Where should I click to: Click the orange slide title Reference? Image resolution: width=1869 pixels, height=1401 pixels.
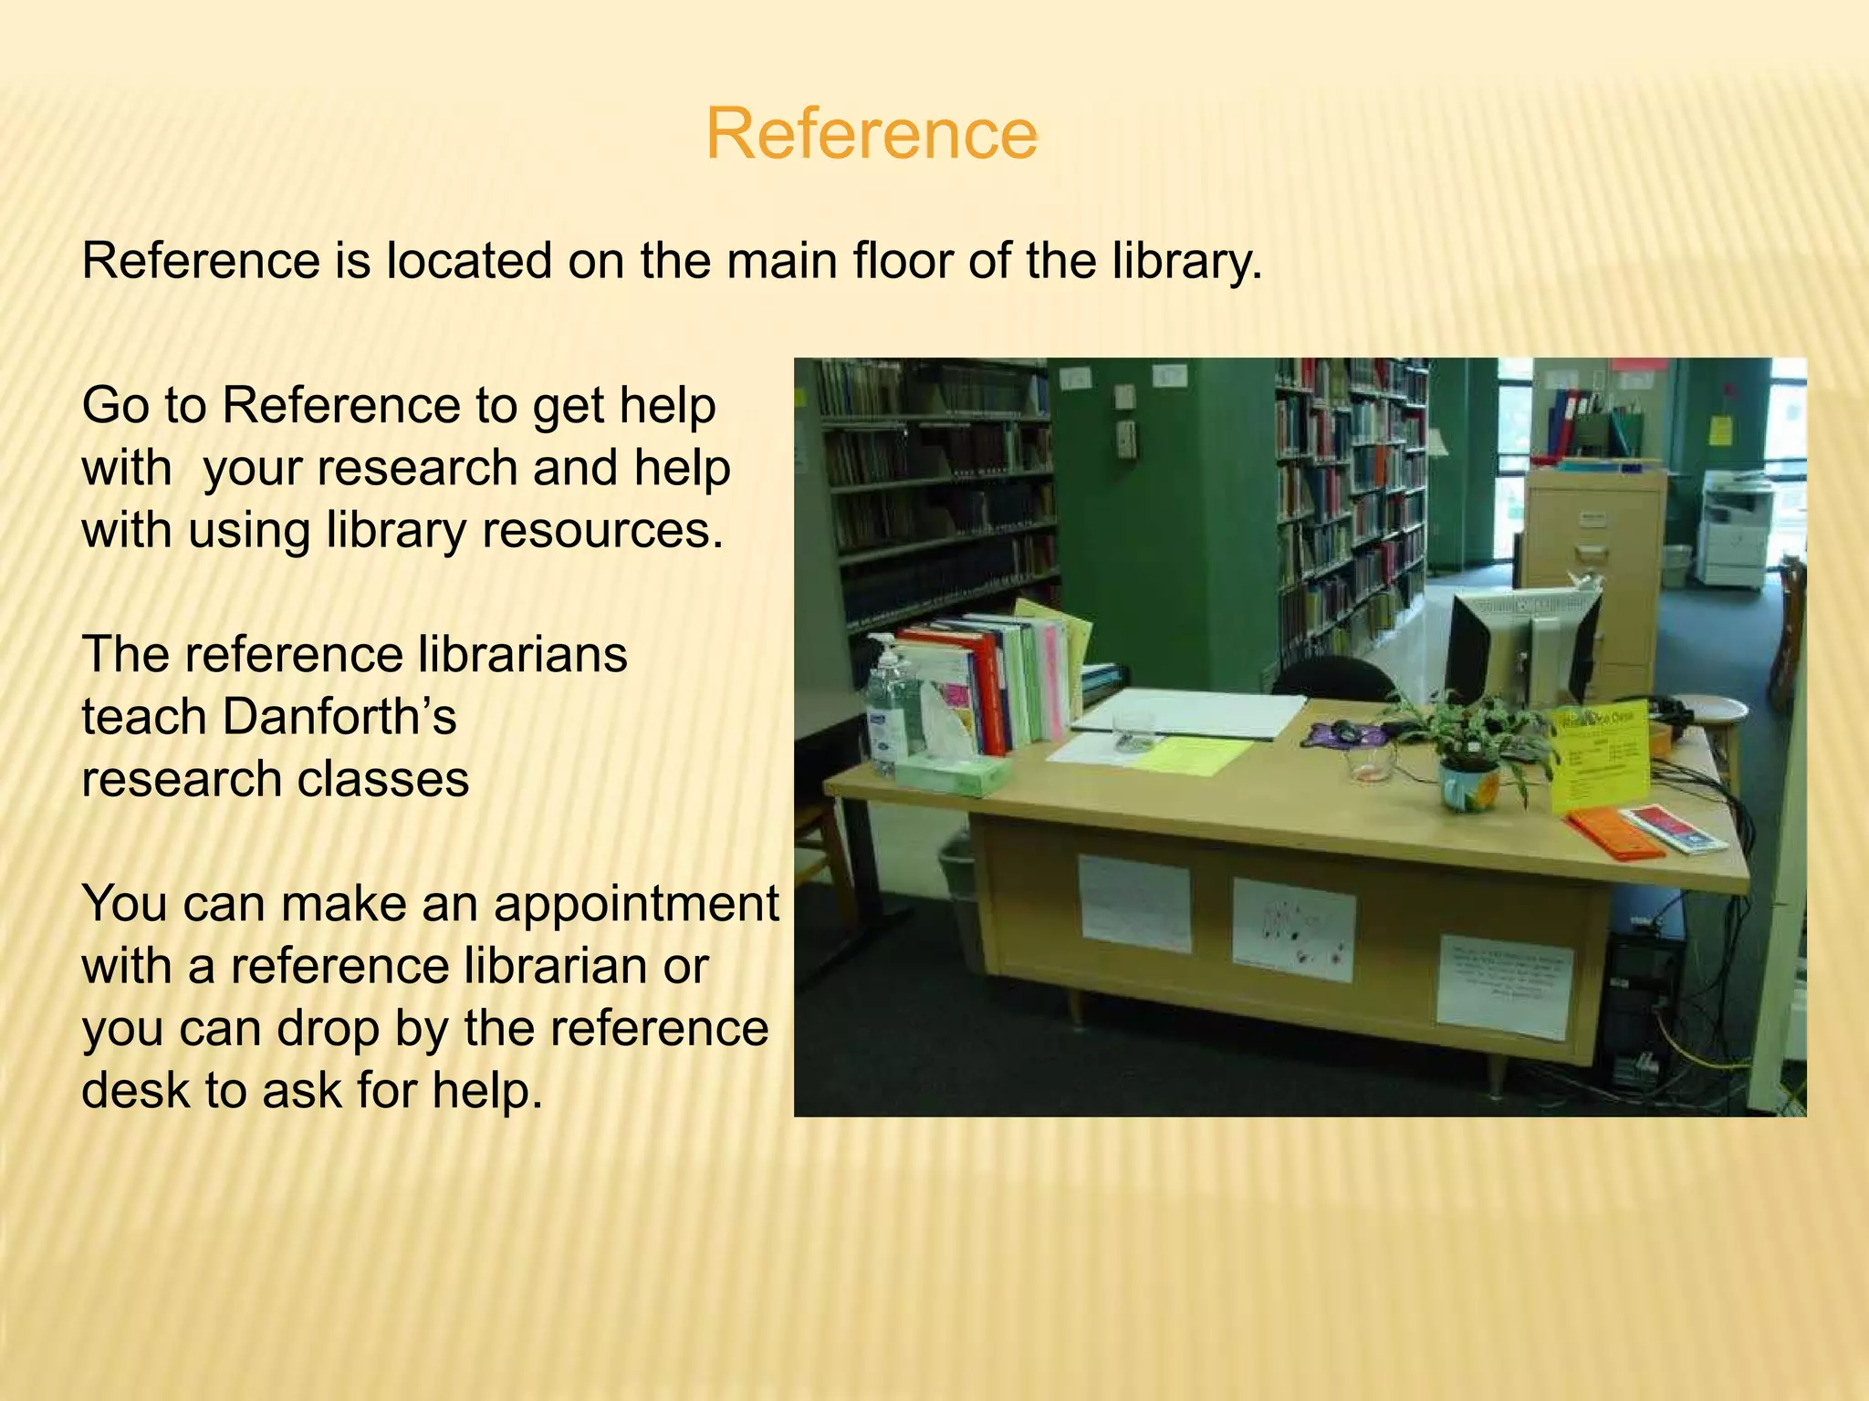(872, 134)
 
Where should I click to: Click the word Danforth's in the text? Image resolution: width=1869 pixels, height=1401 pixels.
(339, 717)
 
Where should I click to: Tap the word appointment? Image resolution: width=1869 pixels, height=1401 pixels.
(637, 904)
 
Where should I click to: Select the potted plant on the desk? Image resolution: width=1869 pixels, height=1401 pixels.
(1469, 748)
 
